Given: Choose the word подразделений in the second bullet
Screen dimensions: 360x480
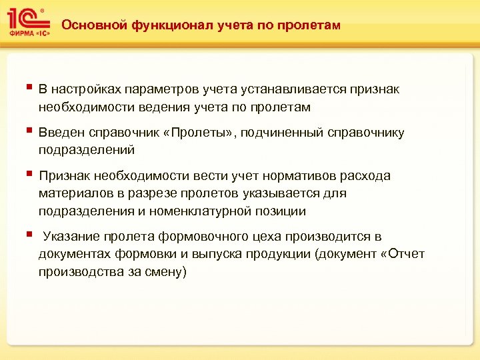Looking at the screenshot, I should pyautogui.click(x=87, y=150).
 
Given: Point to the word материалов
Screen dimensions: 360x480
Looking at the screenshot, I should pyautogui.click(x=73, y=193).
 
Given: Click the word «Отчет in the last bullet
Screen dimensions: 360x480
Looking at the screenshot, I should pyautogui.click(x=401, y=254).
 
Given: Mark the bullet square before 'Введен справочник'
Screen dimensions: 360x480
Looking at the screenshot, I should pyautogui.click(x=28, y=131).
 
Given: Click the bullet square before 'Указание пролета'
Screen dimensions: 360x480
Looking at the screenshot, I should pyautogui.click(x=28, y=235).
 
